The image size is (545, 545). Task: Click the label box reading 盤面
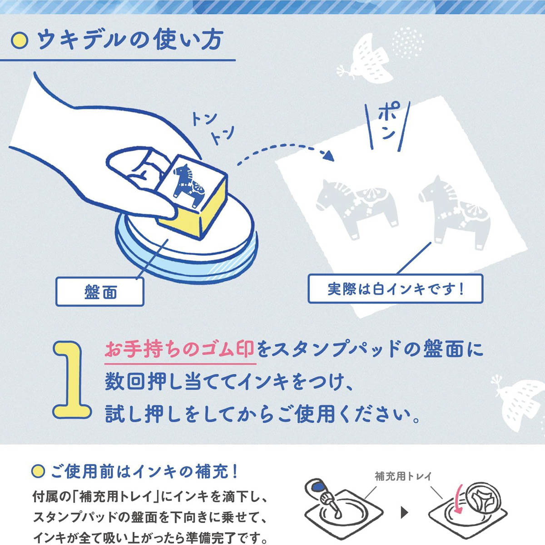100,292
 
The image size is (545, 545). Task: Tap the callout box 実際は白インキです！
396,289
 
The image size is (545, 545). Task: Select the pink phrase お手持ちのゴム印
180,350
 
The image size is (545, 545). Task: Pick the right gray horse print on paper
456,212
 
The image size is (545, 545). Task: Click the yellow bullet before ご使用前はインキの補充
38,471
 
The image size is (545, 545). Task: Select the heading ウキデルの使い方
129,40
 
